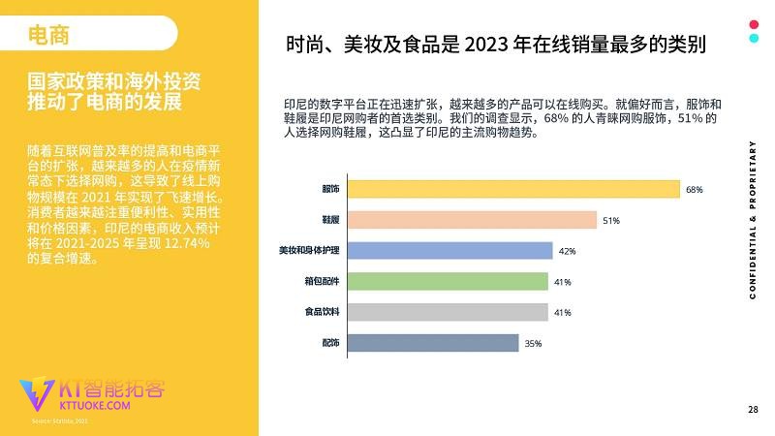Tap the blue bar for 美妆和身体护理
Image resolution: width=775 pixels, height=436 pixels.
(x=448, y=251)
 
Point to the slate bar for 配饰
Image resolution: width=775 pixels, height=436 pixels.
(x=431, y=343)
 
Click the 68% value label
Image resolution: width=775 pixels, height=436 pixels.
(x=694, y=190)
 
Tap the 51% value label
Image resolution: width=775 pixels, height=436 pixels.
(x=610, y=221)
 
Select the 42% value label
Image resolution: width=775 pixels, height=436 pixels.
(x=568, y=252)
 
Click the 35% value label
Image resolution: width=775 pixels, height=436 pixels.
(x=532, y=344)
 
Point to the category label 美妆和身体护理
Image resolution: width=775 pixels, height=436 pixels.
(x=309, y=251)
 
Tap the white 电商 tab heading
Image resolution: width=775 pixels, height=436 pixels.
(x=48, y=35)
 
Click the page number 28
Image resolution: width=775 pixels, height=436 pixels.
(x=753, y=409)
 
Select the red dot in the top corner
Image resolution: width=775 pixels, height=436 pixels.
(x=753, y=24)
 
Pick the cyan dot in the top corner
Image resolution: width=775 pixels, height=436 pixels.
(x=753, y=39)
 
